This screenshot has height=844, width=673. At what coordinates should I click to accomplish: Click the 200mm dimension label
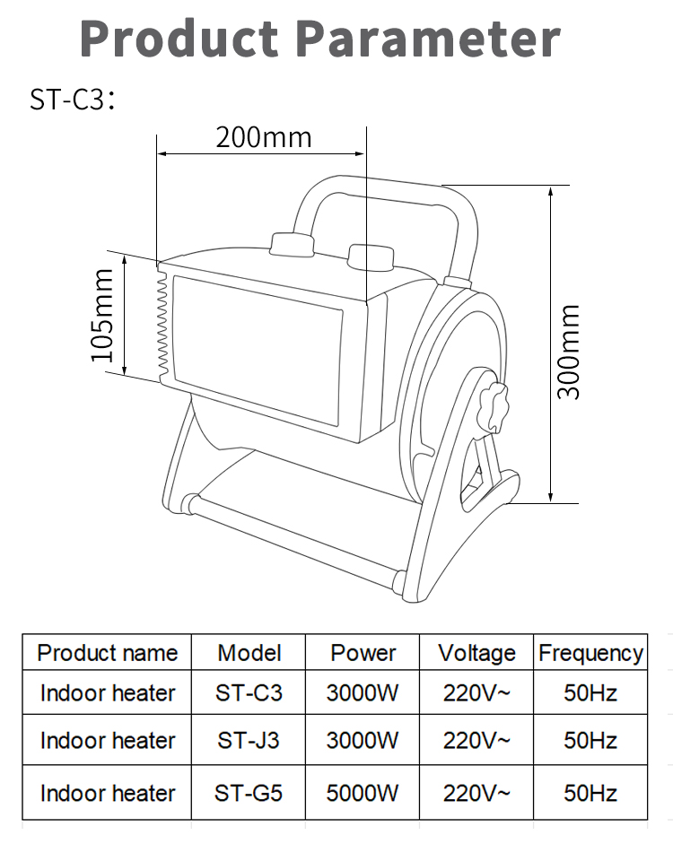(x=263, y=137)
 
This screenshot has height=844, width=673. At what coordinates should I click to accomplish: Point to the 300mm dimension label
(x=568, y=351)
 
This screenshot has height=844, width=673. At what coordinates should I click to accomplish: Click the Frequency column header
(x=590, y=653)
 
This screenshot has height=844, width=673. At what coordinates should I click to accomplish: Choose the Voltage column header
(x=476, y=653)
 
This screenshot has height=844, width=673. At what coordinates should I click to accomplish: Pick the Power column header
(x=363, y=653)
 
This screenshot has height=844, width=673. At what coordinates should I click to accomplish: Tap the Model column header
(x=249, y=653)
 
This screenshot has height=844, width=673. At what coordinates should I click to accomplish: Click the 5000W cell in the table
(x=363, y=793)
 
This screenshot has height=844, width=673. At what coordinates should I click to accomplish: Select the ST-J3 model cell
(x=249, y=741)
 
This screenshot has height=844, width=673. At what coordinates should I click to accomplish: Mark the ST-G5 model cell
(x=249, y=793)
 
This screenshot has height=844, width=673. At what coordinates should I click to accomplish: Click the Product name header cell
(x=108, y=653)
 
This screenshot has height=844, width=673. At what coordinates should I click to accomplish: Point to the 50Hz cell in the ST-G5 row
(x=590, y=793)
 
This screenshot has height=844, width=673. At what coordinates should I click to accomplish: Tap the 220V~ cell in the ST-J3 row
(x=476, y=741)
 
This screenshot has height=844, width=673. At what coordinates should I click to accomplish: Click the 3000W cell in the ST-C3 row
(x=363, y=693)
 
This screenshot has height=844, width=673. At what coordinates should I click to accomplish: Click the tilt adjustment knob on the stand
(x=493, y=406)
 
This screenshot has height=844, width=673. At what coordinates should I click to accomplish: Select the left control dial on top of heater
(x=292, y=246)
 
